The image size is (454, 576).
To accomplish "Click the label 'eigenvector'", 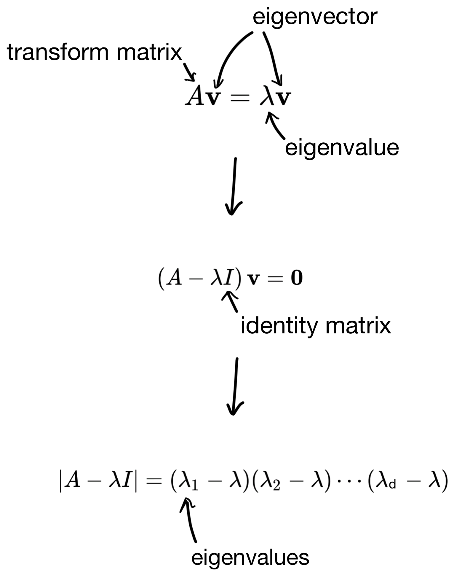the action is [315, 17].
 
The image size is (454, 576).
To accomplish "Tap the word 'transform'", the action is [58, 52].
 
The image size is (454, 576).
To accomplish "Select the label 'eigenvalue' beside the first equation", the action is [342, 148].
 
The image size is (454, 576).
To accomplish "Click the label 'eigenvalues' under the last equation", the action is [250, 558].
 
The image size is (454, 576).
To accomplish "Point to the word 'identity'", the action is [279, 326].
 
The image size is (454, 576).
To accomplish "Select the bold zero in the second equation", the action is [296, 279].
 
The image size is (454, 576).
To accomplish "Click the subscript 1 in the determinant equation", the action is [194, 486].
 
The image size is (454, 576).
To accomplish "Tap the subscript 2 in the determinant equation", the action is [276, 486].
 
